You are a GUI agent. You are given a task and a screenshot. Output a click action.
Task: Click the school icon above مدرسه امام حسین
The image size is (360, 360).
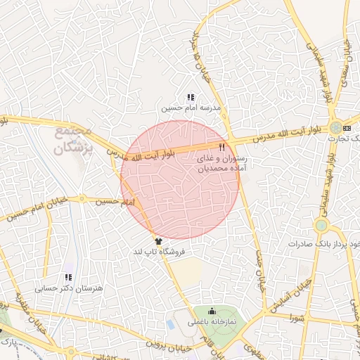click(191, 97)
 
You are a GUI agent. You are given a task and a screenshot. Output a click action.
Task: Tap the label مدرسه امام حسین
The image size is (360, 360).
click(191, 108)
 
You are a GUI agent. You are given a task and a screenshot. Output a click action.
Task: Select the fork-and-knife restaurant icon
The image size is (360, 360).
click(221, 147)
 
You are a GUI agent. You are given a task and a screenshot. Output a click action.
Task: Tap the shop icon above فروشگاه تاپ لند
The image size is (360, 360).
click(157, 241)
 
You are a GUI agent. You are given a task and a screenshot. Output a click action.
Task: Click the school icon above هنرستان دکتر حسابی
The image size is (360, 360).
click(68, 278)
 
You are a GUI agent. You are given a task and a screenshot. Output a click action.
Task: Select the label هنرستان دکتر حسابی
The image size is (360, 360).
click(69, 288)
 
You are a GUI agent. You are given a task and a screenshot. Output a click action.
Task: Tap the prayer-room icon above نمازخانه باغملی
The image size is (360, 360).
click(212, 312)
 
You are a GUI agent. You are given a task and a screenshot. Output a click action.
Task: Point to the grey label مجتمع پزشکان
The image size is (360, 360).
click(72, 139)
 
